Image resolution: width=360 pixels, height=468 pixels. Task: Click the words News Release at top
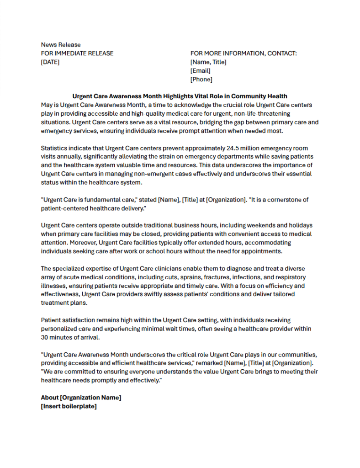(61, 45)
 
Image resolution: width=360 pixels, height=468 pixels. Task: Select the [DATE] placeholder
(50, 62)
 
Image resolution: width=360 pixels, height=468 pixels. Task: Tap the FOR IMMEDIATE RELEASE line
(77, 53)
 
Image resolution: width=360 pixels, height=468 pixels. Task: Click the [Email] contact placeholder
(201, 71)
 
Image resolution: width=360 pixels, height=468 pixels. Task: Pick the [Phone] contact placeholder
(201, 80)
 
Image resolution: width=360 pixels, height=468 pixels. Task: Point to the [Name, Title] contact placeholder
(208, 62)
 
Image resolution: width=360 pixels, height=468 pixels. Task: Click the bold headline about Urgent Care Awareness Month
(180, 96)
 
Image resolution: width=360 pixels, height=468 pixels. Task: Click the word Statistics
(55, 148)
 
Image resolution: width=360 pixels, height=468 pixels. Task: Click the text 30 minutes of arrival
(70, 338)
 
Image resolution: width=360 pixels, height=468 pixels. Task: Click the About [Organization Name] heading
(81, 398)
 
